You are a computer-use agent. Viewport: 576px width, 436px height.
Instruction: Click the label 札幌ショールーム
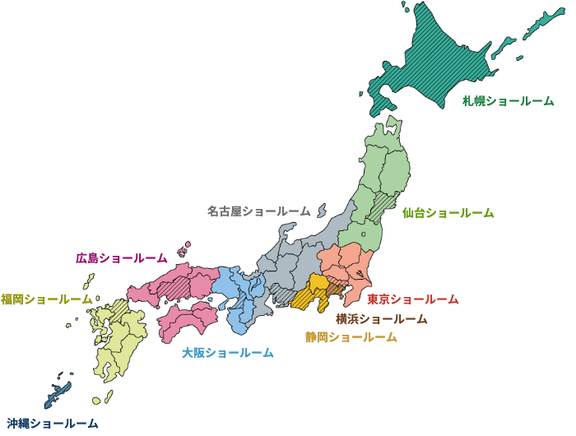coord(508,101)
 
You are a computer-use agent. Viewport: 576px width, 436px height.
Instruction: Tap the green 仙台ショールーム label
coord(448,213)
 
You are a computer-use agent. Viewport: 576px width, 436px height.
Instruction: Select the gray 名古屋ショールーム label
coord(258,211)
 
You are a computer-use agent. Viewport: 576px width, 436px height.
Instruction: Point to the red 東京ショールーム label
coord(413,299)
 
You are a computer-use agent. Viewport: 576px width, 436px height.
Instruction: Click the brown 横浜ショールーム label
coord(382,319)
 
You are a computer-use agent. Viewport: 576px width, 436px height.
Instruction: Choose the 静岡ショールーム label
coord(351,337)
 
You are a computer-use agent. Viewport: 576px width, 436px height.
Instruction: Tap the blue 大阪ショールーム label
coord(228,353)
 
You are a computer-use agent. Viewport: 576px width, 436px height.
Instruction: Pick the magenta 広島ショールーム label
coord(122,258)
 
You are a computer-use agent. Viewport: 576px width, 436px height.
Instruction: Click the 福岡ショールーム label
coord(46,299)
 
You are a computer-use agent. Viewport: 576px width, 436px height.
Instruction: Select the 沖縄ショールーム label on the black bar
coord(53,424)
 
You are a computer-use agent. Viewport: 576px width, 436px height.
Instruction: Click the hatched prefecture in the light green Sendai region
coord(382,206)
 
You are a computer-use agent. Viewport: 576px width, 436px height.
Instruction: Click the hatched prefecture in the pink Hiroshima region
coord(174,287)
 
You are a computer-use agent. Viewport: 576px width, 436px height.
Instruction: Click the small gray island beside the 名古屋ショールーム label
coord(322,210)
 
